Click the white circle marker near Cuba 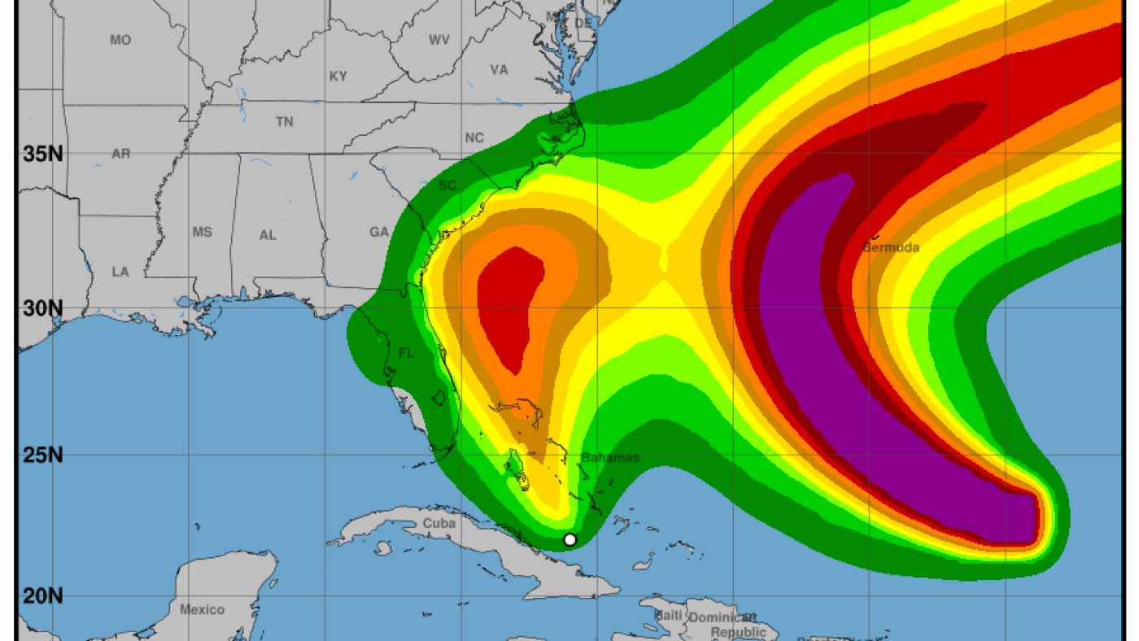569,539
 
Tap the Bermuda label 891,247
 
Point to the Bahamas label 610,458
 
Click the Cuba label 439,523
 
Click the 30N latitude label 43,308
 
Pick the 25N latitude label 43,455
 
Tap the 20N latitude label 43,596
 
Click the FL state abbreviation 406,353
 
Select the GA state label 379,232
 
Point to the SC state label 447,185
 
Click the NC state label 474,138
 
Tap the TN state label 284,121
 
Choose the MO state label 120,40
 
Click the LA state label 120,272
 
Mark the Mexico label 202,609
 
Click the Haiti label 669,616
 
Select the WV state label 439,40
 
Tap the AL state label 268,235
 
